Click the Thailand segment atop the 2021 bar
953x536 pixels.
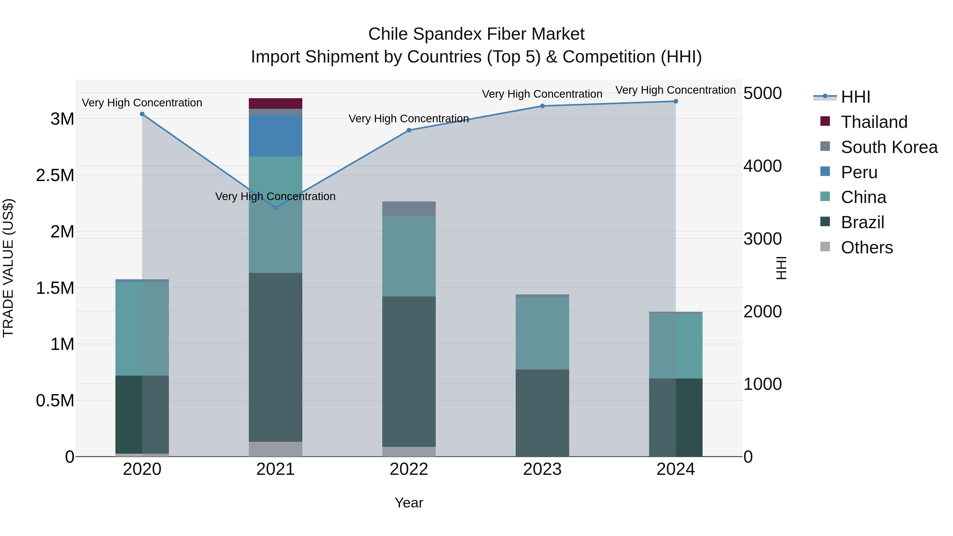click(275, 103)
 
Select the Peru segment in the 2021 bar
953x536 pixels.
click(275, 135)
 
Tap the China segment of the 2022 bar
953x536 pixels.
click(409, 256)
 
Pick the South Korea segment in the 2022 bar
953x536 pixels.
click(409, 209)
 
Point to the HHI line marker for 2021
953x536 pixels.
click(275, 208)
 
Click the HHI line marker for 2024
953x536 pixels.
click(676, 101)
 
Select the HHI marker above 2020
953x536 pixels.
click(142, 114)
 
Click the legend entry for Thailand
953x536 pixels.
click(874, 122)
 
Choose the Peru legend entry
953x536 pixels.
click(859, 172)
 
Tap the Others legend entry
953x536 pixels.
click(866, 247)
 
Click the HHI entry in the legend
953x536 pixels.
click(855, 97)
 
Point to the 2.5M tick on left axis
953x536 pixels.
click(55, 175)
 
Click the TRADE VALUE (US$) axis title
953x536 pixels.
click(8, 268)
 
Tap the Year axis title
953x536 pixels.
click(409, 503)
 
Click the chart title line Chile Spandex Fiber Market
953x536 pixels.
click(476, 34)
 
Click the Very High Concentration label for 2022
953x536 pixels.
click(409, 119)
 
